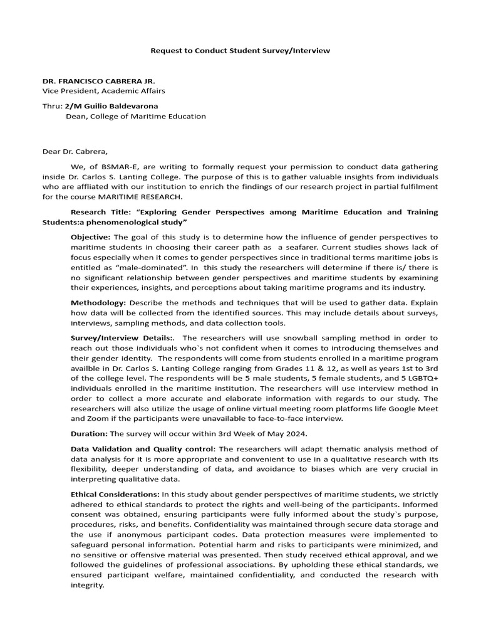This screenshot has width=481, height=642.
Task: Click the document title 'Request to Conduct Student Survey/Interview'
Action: coord(240,50)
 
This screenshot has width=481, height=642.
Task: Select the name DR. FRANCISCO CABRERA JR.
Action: coord(98,81)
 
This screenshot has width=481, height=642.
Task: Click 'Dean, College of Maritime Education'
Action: coord(135,116)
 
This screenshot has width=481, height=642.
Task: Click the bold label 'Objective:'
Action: coord(90,236)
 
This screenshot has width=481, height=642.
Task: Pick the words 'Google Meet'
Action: coord(415,409)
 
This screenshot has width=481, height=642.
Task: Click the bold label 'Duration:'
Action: coord(89,433)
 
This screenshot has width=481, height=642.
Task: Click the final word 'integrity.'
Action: coord(87,585)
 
